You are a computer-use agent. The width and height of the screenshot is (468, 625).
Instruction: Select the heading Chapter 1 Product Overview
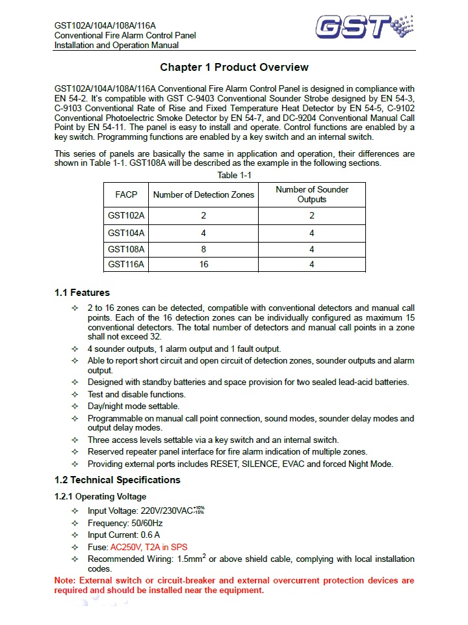coord(234,68)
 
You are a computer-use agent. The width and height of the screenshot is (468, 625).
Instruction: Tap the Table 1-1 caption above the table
coord(235,176)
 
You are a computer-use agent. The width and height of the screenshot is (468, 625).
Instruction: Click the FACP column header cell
coord(126,194)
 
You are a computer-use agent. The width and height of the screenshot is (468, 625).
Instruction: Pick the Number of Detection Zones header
coord(203,194)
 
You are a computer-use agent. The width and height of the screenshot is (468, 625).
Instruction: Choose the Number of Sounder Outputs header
coord(312,194)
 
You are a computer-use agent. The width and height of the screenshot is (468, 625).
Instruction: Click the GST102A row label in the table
coord(126,216)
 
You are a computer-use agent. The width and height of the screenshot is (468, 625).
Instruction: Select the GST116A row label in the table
coord(126,264)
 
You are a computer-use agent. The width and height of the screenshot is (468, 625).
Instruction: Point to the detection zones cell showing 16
coord(203,264)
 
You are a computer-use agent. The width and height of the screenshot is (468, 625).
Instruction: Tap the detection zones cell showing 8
coord(203,249)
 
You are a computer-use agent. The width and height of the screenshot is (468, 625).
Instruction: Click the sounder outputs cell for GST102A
coord(312,216)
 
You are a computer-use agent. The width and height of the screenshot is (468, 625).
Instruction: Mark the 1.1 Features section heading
coord(82,293)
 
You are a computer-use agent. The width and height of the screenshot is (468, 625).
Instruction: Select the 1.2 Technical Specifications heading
coord(118,480)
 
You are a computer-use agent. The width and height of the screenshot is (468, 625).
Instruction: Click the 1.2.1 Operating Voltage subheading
coord(100,497)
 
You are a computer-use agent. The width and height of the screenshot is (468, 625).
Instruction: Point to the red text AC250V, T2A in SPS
coord(149,547)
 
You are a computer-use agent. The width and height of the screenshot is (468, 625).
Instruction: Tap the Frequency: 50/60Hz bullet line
coord(125,523)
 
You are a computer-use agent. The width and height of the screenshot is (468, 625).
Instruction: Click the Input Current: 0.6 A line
coord(123,535)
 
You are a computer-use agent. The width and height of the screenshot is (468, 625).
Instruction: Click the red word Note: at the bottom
coord(66,580)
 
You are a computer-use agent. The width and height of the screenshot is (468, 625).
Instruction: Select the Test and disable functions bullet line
coord(136,394)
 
